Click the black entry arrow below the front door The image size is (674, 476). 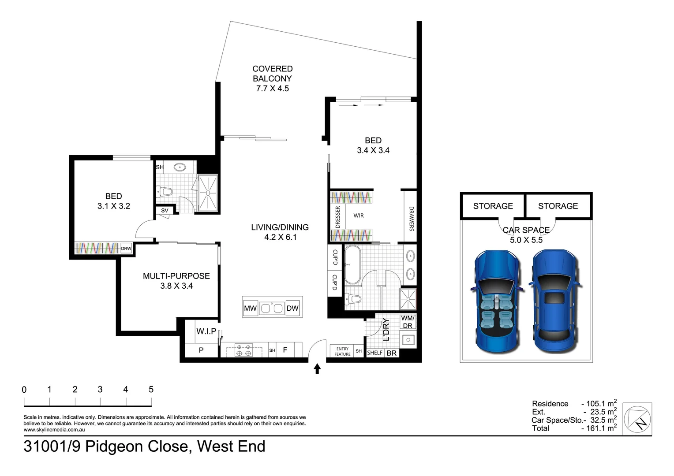[x=317, y=368]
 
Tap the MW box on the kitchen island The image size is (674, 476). [x=251, y=308]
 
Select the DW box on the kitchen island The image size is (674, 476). [x=292, y=308]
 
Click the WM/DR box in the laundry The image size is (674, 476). [x=408, y=322]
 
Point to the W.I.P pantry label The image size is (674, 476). [x=206, y=331]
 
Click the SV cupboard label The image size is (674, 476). [x=165, y=211]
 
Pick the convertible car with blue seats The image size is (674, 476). [x=497, y=301]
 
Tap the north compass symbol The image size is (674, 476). [x=637, y=419]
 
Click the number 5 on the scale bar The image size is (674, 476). [x=151, y=390]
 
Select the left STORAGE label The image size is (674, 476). [x=493, y=206]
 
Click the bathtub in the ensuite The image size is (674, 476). [x=352, y=265]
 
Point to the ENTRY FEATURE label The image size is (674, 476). [x=342, y=352]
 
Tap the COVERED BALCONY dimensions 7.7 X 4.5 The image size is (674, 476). [x=272, y=89]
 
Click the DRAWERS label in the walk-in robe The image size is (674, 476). [x=411, y=219]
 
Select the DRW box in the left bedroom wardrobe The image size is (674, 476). [x=126, y=249]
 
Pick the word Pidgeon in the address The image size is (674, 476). [x=135, y=446]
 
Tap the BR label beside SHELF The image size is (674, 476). [x=391, y=353]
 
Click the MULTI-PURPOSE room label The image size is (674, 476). [x=176, y=276]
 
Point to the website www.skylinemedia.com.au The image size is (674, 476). [x=54, y=430]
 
